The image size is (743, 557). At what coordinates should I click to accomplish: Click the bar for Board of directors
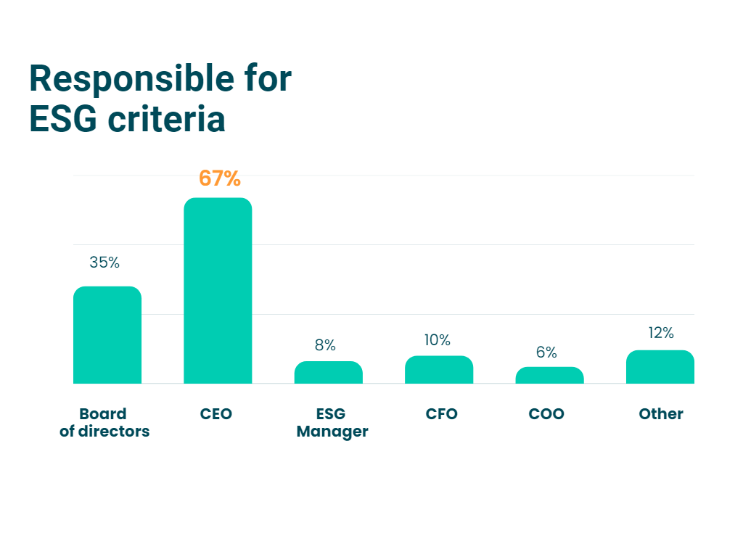pos(107,335)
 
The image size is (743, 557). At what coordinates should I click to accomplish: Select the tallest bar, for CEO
pos(218,290)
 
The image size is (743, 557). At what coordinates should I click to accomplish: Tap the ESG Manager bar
pos(328,373)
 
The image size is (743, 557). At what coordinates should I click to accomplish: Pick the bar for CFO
pos(439,370)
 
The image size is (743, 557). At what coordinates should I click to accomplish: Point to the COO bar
pos(549,376)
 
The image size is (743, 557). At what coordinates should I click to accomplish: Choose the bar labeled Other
pos(660,367)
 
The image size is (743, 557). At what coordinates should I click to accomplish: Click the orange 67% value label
pos(219,178)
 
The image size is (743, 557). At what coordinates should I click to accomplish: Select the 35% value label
pos(104,263)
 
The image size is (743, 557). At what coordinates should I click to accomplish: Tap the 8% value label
pos(325,345)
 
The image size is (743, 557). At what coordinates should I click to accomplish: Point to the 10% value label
pos(438,340)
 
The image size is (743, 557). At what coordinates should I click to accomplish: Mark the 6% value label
pos(546,352)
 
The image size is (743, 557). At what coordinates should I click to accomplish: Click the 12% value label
pos(661,333)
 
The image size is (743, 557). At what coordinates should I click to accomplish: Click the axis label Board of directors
pos(104,423)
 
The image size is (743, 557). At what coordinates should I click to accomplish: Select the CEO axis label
pos(216,414)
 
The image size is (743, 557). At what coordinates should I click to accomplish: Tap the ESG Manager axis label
pos(332,423)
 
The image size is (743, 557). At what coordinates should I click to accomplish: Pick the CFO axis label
pos(442,414)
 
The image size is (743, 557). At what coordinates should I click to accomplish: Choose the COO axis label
pos(546,414)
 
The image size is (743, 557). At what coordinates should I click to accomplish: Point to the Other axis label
pos(661,414)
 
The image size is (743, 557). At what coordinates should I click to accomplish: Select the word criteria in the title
pos(166,119)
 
